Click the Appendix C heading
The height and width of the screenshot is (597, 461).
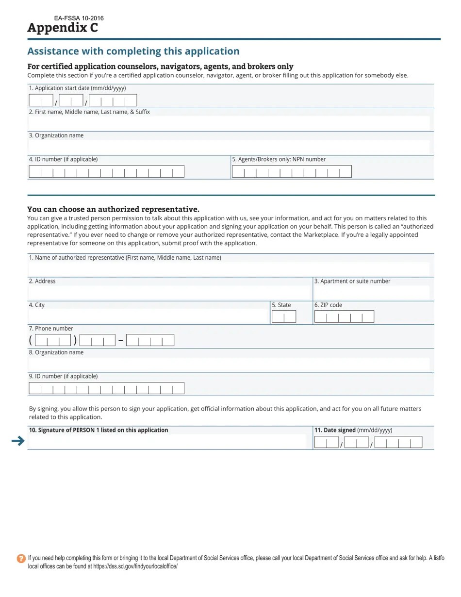[63, 28]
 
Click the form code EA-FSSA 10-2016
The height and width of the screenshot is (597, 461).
[79, 18]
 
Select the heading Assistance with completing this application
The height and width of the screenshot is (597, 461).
[133, 51]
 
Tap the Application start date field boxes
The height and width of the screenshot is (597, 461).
[82, 100]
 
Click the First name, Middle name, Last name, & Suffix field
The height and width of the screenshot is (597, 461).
[229, 123]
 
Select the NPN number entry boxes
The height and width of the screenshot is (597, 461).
[291, 171]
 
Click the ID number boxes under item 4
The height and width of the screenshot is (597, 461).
[106, 171]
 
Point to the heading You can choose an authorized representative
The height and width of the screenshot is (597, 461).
[113, 209]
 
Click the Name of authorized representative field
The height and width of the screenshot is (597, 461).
[229, 269]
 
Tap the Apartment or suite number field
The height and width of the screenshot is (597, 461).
[372, 293]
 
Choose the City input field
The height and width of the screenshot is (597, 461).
[148, 316]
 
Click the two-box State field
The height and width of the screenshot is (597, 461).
[284, 317]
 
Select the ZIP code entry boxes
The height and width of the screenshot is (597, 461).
[344, 317]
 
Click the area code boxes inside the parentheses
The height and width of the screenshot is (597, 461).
[53, 340]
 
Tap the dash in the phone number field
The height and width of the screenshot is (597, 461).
[120, 340]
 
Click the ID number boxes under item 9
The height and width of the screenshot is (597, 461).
[106, 388]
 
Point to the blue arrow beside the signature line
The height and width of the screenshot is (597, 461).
[18, 441]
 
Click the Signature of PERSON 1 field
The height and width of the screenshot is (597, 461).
[167, 441]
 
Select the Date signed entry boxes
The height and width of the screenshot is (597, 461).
[368, 442]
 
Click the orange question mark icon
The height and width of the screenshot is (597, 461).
[21, 559]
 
